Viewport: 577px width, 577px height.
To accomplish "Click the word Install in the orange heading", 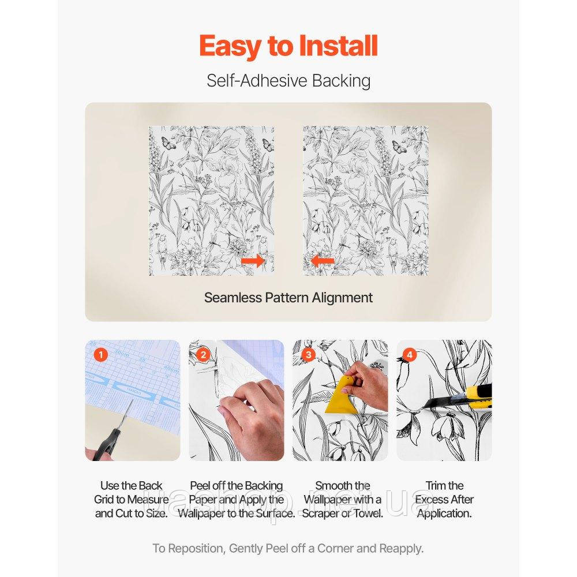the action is click(338, 46).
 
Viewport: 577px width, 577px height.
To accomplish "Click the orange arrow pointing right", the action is click(253, 261).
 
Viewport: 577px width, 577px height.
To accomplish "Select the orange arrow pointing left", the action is click(323, 261).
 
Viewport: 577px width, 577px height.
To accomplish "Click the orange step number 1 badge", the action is click(100, 355).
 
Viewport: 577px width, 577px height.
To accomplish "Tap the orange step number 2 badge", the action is click(203, 355).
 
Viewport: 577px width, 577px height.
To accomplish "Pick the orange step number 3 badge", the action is click(308, 355).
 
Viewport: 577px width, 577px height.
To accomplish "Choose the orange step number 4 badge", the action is click(409, 355).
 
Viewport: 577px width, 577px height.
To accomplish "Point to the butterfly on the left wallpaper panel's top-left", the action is click(168, 143).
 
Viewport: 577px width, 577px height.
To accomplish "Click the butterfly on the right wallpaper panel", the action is click(400, 147).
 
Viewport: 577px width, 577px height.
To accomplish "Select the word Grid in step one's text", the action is click(104, 499).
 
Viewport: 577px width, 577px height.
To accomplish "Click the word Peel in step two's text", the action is click(200, 486).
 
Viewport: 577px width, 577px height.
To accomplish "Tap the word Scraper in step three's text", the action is click(320, 514).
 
